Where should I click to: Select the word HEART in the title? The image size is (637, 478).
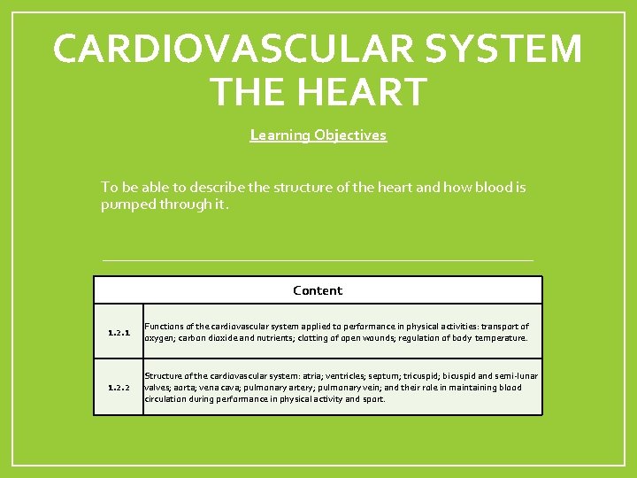365,91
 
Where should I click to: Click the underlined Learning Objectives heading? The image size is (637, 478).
318,135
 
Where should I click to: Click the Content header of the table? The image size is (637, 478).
318,290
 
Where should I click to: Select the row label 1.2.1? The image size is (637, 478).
119,334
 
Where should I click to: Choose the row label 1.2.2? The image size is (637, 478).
119,388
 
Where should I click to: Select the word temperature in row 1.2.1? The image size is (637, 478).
501,337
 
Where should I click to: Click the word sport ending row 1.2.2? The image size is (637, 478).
373,398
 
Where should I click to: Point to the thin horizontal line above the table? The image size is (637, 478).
318,260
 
